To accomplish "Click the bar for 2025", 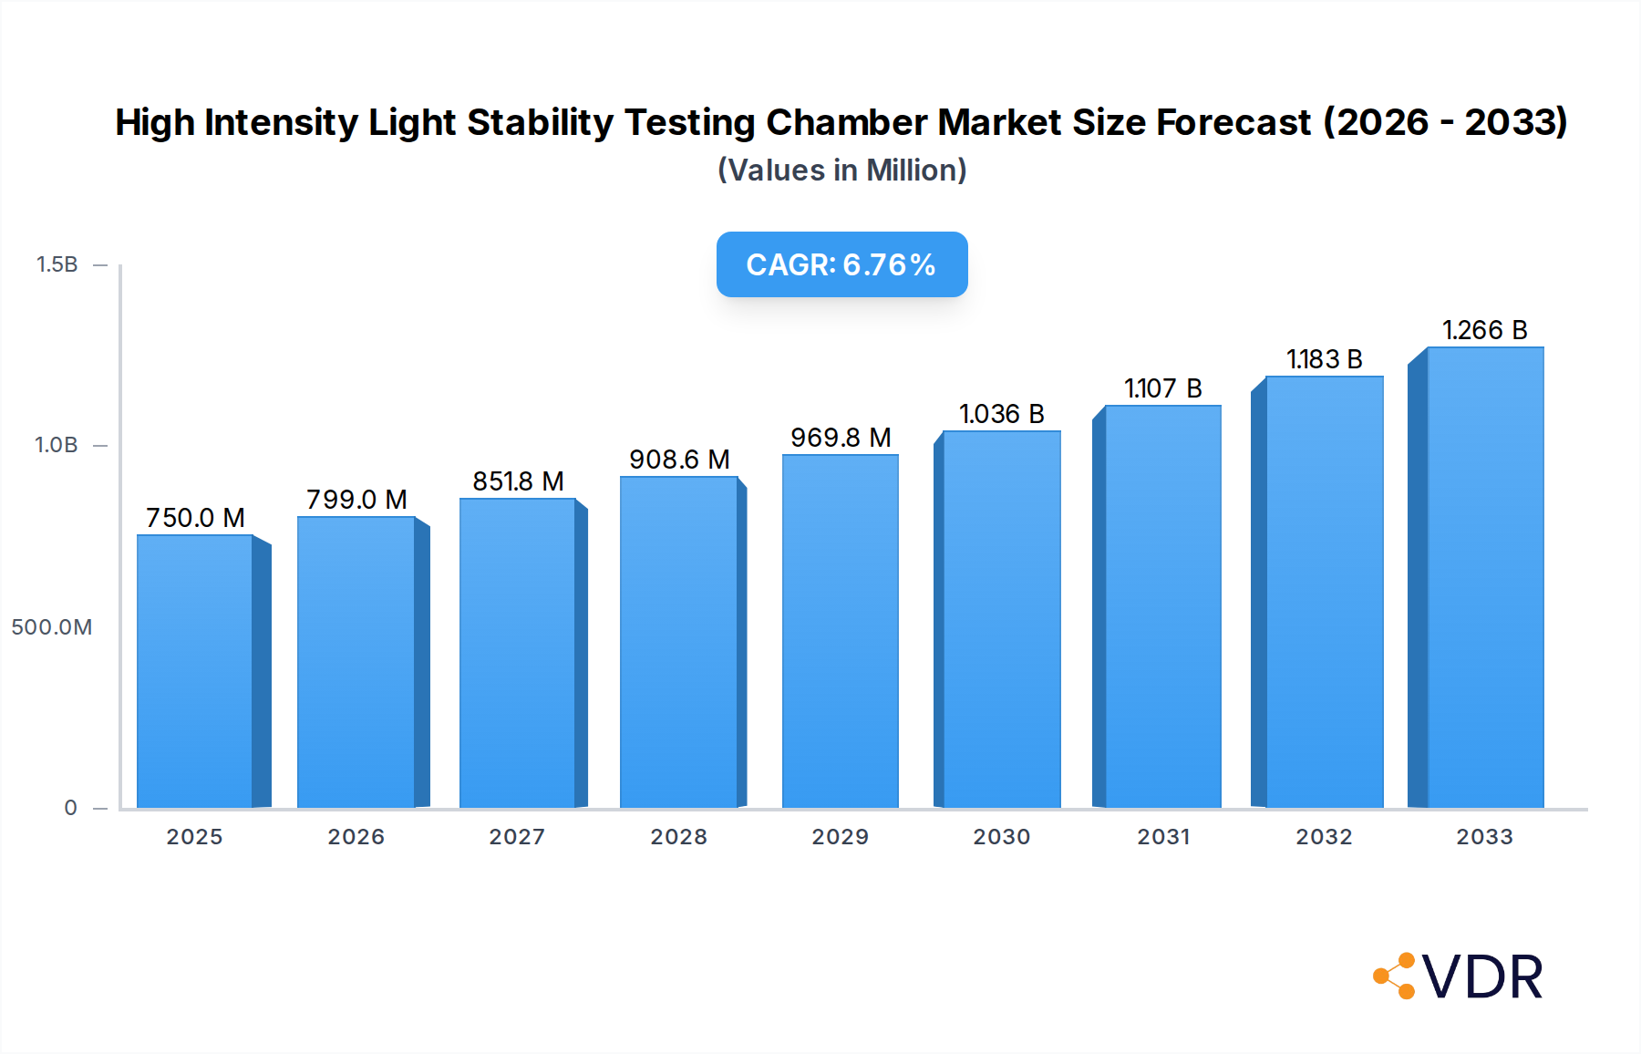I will (x=195, y=671).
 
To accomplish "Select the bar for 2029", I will (x=840, y=631).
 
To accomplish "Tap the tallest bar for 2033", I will (x=1485, y=577).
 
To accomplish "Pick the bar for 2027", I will (x=517, y=653).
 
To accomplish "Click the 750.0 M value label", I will (x=195, y=518).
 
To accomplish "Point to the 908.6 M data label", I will (x=679, y=460).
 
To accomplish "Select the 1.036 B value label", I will (x=1001, y=414).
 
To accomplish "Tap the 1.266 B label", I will (x=1484, y=330).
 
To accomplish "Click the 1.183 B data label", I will (x=1324, y=359).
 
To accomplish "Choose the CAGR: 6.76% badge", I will (x=841, y=264).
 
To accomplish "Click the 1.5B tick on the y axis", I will (x=57, y=264).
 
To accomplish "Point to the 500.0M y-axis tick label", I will (x=52, y=627).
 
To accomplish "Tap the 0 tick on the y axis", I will (x=70, y=808).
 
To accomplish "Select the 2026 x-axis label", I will (x=356, y=837).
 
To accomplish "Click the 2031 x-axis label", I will (x=1163, y=837).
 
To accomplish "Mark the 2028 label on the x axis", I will (x=679, y=837).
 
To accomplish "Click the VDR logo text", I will (x=1482, y=977).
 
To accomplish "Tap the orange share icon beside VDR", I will (x=1395, y=976).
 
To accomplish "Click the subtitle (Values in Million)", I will (x=841, y=170).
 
